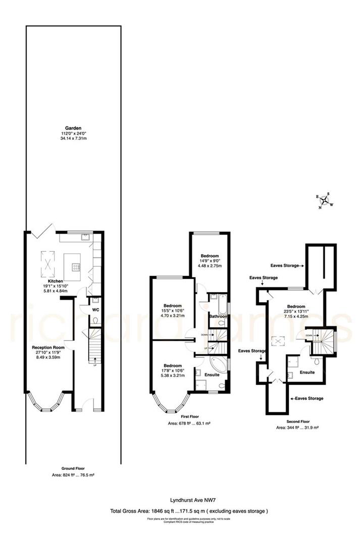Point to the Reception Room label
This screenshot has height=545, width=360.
coord(48,348)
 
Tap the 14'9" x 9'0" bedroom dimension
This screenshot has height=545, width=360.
coord(210,260)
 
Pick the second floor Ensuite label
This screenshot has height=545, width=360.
coord(307,372)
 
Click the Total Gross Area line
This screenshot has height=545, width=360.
coord(189,511)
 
